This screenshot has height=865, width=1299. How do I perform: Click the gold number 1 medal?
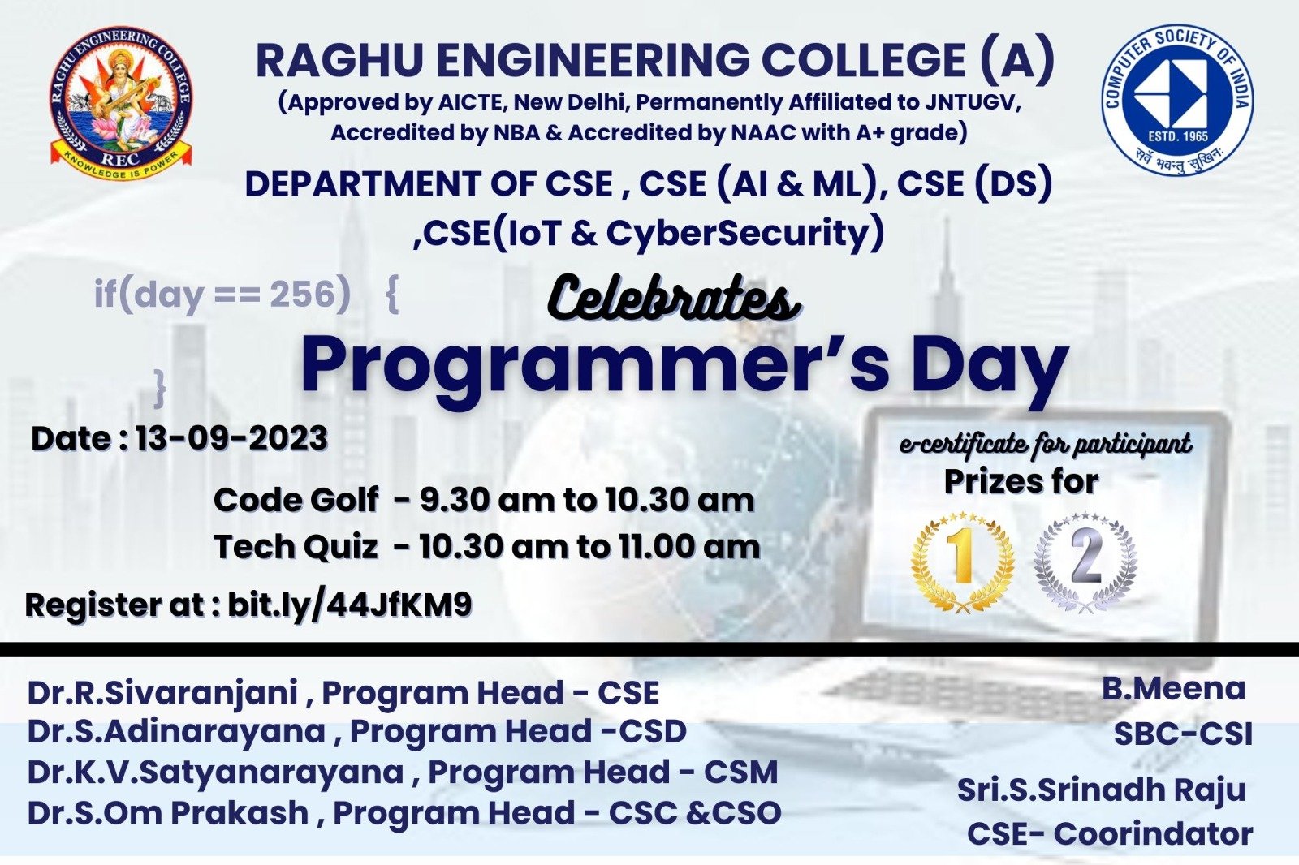[963, 562]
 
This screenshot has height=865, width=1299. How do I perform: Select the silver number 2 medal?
[1085, 562]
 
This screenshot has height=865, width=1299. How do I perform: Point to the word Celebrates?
[674, 299]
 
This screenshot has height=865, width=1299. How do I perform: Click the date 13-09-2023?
[231, 438]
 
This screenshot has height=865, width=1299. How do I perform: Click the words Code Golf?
[296, 500]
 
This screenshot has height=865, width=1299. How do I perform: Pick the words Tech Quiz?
[296, 547]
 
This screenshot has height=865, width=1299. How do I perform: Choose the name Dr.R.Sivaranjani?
[162, 694]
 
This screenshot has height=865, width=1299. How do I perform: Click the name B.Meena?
[1174, 689]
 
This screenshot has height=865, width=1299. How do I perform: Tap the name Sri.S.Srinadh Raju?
[1101, 790]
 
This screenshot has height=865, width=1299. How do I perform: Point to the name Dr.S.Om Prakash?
[167, 812]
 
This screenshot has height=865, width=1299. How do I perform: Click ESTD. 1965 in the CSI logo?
[1178, 136]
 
